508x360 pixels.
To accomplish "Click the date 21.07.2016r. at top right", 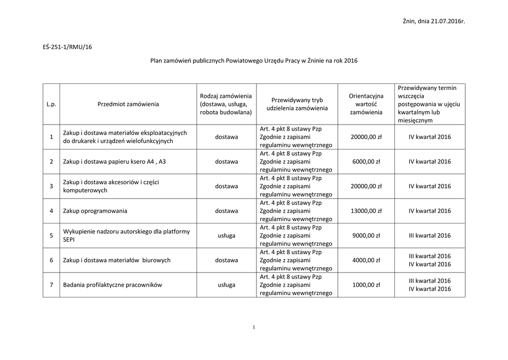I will [x=447, y=21].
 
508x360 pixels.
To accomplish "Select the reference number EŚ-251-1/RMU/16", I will [x=68, y=48].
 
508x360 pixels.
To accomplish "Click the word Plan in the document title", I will [x=157, y=61].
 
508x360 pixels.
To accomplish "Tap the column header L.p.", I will [x=51, y=104].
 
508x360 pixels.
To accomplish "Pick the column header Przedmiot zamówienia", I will [x=128, y=104].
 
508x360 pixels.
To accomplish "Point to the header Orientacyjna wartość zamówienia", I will [x=366, y=104].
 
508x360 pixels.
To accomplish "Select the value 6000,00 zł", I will [x=366, y=162].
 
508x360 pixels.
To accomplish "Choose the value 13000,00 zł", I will [x=366, y=211].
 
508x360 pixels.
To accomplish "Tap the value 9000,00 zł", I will [x=366, y=236].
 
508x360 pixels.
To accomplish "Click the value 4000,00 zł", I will [x=366, y=260].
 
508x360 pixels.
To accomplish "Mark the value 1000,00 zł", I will [x=366, y=285].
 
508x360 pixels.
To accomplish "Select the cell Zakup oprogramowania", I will [x=95, y=211].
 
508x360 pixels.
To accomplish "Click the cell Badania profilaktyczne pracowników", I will [x=113, y=285].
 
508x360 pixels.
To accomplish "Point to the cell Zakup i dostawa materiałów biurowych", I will [x=117, y=260].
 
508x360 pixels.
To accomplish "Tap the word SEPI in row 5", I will [x=68, y=240].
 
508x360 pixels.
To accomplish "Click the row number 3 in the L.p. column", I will [x=51, y=187].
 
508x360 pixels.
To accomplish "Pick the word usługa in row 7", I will [x=226, y=285].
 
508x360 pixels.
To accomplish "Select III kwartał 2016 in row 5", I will [x=430, y=236].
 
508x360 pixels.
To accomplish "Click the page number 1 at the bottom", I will [x=254, y=327].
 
